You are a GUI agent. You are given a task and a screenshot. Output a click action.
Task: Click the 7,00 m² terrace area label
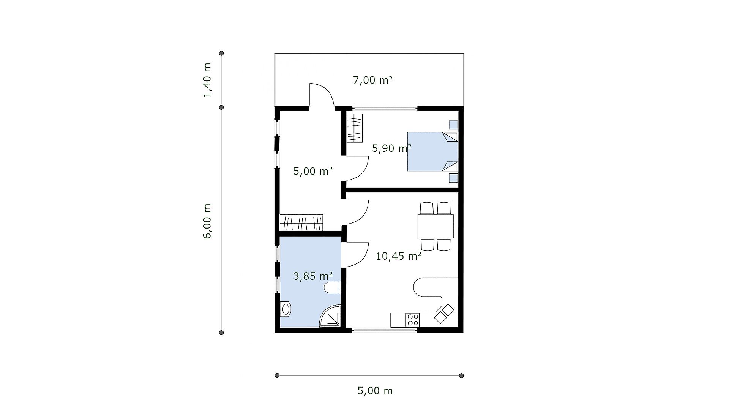click(x=372, y=80)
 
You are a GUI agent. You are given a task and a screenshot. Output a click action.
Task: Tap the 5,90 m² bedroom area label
click(x=391, y=148)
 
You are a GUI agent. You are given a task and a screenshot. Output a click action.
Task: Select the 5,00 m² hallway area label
click(x=313, y=171)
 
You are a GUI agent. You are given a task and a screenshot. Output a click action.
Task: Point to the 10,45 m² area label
click(x=398, y=256)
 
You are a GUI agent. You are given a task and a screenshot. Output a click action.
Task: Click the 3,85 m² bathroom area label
click(x=313, y=276)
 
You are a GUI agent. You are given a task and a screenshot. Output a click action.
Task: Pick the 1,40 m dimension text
click(x=207, y=80)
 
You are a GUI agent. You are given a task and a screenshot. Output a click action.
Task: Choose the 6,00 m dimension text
click(x=207, y=221)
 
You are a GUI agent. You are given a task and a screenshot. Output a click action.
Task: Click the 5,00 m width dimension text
click(x=375, y=391)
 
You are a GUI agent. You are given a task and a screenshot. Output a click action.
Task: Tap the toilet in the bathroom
click(x=333, y=288)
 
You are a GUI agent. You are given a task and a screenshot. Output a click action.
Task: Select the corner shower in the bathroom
click(x=330, y=316)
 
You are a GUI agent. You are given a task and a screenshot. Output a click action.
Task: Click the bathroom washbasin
click(x=285, y=309)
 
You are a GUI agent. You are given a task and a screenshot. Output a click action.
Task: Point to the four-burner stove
click(x=412, y=320)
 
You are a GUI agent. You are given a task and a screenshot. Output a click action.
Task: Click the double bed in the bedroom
click(x=432, y=151)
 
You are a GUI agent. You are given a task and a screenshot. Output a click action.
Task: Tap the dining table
click(x=436, y=226)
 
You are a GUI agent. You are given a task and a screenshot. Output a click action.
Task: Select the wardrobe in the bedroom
click(x=355, y=128)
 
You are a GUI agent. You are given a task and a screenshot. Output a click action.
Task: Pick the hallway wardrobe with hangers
click(x=301, y=222)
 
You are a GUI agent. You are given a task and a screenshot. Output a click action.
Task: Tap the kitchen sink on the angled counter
click(x=444, y=314)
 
